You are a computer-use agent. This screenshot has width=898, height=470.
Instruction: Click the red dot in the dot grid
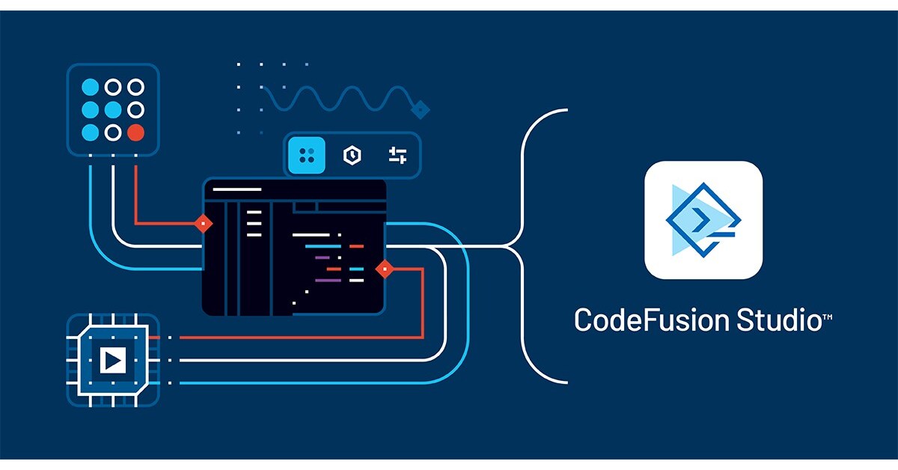tap(135, 132)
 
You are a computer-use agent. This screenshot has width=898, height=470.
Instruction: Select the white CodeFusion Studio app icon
tap(703, 220)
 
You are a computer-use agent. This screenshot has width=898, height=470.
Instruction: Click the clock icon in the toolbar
tap(351, 155)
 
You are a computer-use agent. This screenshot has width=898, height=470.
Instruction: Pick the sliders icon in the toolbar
tap(397, 155)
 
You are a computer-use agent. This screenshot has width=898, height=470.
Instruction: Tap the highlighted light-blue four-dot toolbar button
tap(307, 155)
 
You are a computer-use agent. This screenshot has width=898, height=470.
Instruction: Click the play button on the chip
tap(113, 361)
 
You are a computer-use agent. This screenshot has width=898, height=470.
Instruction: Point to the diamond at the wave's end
tap(421, 109)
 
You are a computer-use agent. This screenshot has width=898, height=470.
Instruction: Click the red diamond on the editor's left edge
tap(203, 223)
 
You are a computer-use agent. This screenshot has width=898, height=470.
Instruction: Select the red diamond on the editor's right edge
tap(385, 268)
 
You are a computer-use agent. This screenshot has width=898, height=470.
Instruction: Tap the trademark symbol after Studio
tap(828, 317)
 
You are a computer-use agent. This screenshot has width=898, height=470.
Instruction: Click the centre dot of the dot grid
tap(113, 110)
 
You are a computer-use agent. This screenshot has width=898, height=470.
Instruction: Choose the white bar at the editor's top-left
tap(237, 189)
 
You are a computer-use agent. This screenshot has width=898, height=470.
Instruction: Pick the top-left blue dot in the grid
tap(91, 87)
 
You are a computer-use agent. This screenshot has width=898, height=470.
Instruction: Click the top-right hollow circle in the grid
tap(135, 87)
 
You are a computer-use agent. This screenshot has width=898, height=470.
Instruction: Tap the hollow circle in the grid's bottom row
tap(113, 132)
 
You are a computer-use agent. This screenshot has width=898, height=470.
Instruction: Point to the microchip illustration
tap(113, 361)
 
